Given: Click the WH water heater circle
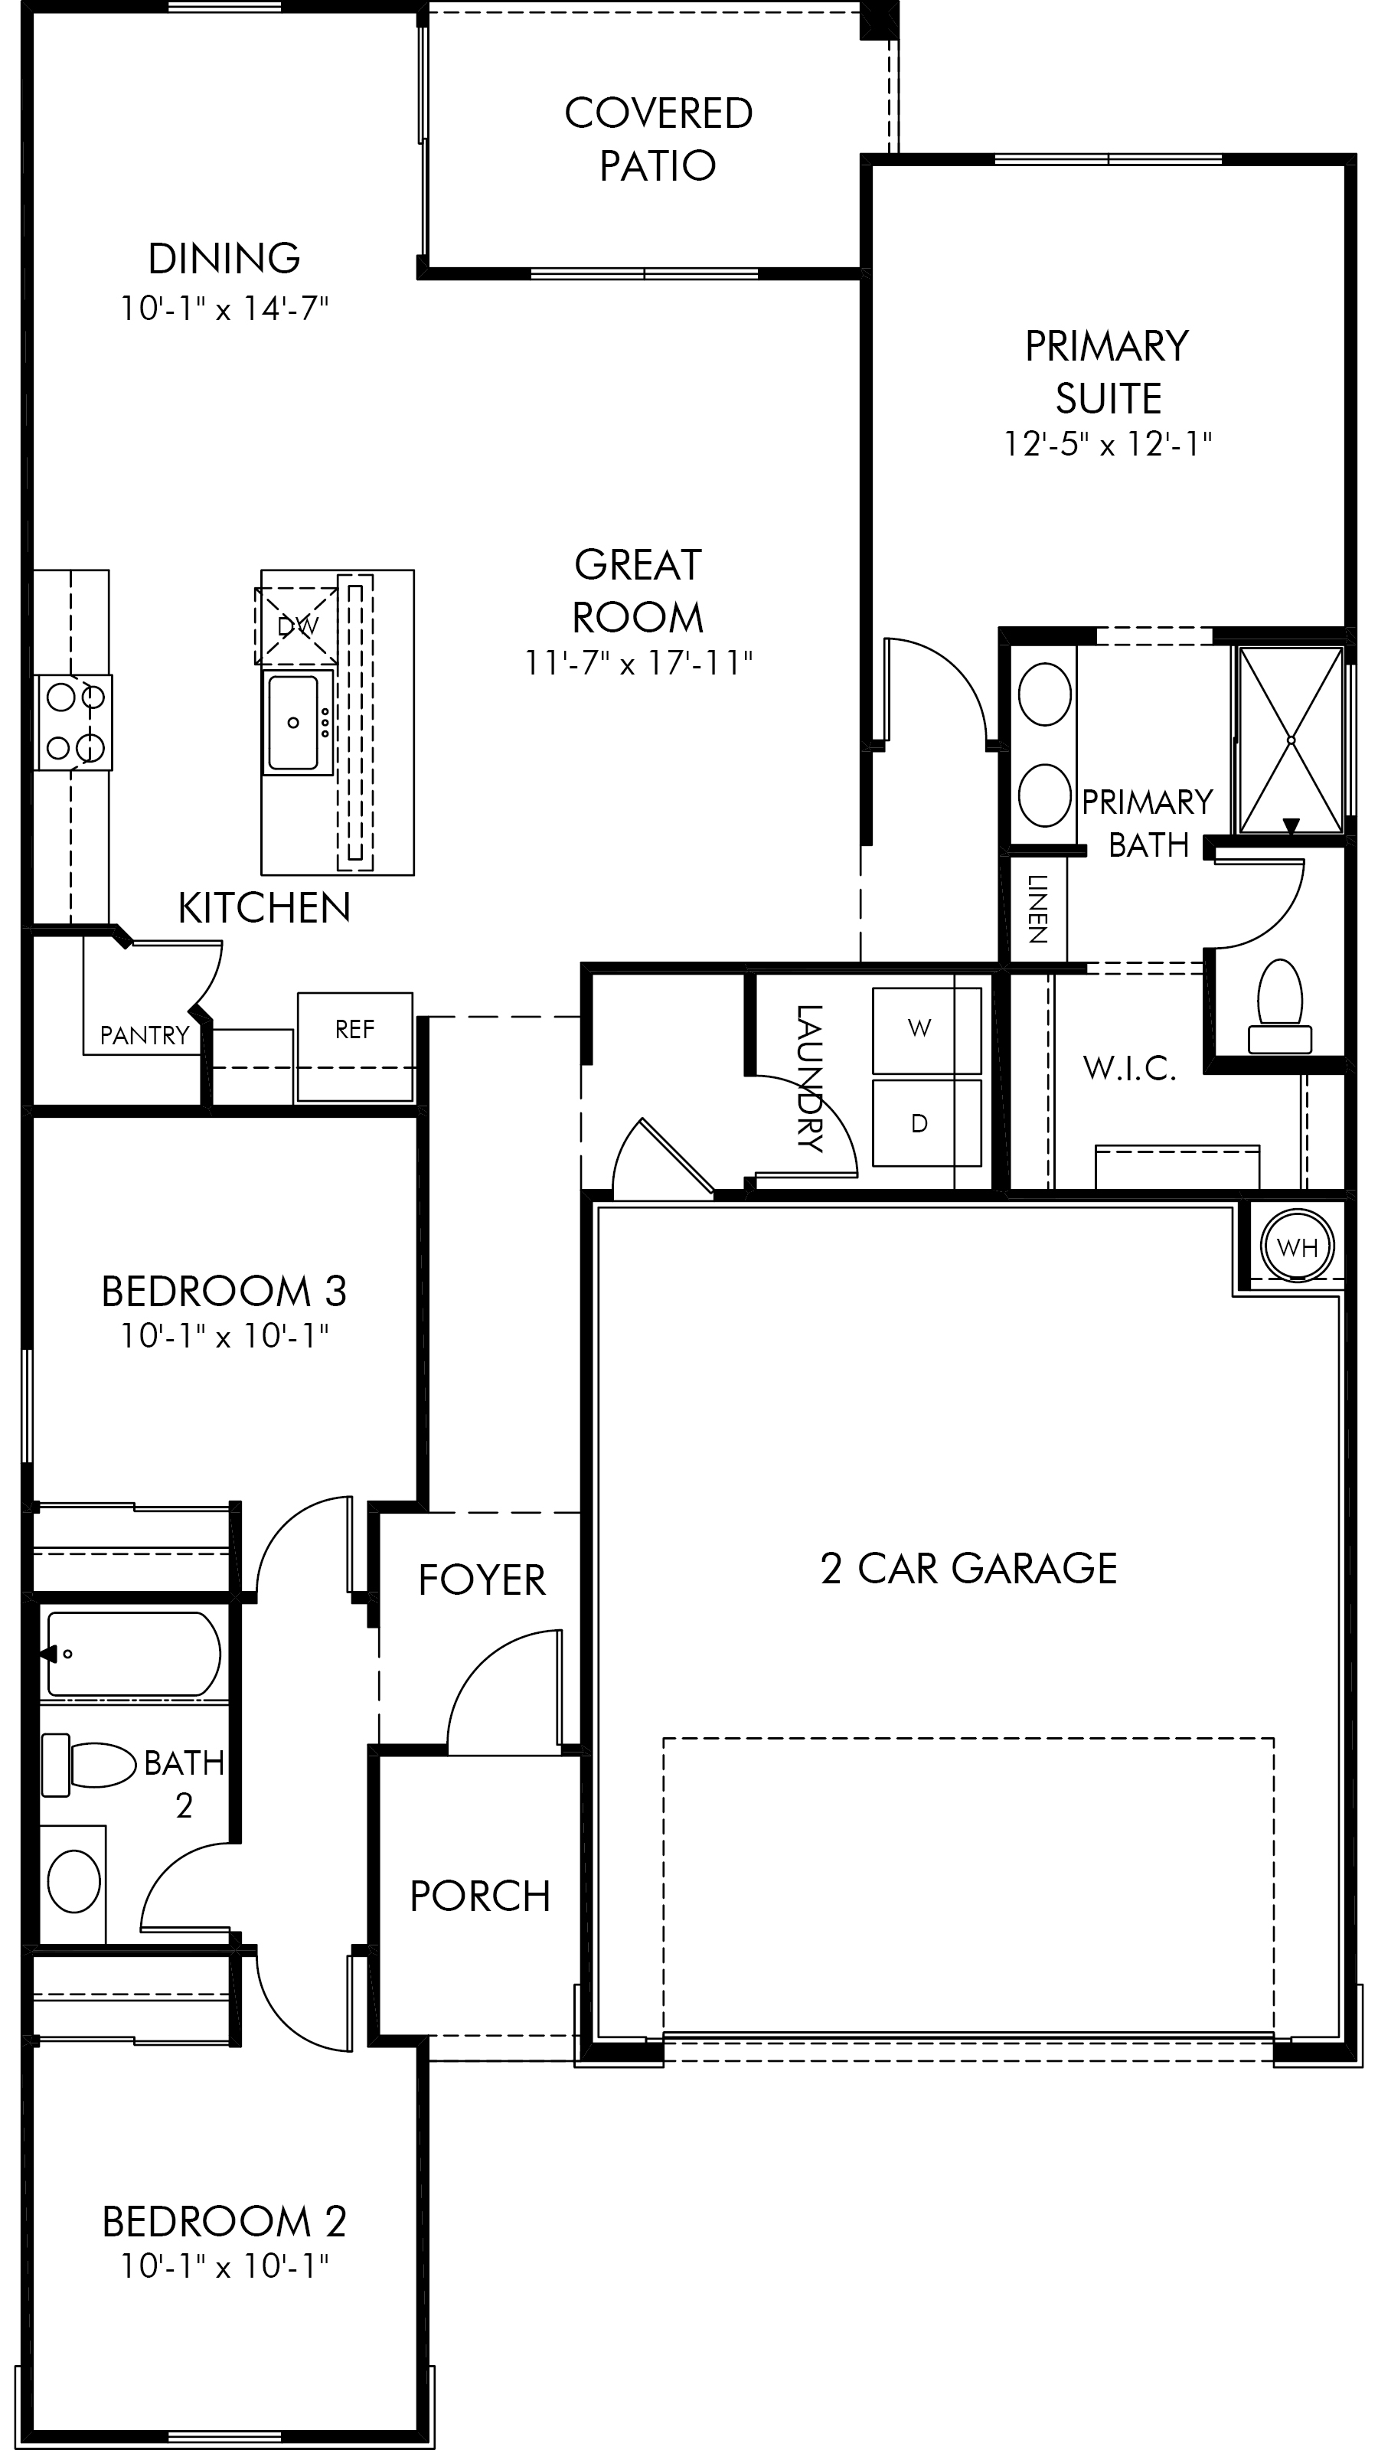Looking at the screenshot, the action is [1297, 1245].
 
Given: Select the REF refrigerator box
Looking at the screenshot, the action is [354, 1047].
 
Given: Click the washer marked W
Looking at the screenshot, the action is [926, 1030].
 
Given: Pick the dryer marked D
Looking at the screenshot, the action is [926, 1122].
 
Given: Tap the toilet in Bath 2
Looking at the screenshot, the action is [90, 1764].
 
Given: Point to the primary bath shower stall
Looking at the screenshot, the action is [1291, 740].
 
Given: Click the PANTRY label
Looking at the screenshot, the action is [145, 1035].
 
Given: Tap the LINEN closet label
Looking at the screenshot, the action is [1037, 910].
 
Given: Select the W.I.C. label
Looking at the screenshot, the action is [1130, 1069].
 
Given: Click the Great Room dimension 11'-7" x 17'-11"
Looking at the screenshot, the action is [638, 662].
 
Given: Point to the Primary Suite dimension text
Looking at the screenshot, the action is [1108, 443].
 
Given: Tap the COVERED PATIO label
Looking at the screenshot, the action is [658, 139].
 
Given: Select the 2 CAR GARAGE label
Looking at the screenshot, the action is [968, 1568].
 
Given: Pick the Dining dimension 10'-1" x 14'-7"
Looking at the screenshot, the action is [224, 308].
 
